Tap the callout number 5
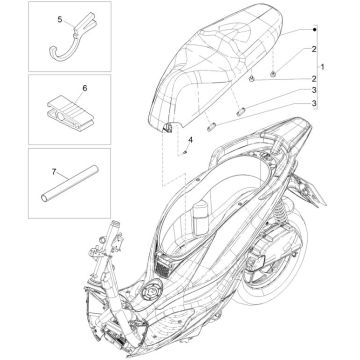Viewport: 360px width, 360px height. [x=60, y=19]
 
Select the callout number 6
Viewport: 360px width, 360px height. [x=84, y=89]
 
